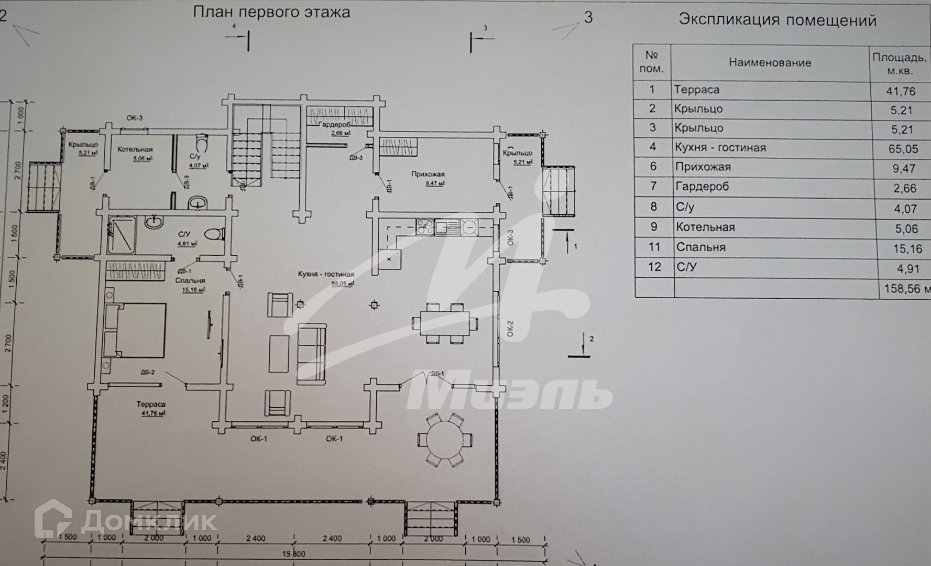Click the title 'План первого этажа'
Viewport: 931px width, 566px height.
[x=271, y=13]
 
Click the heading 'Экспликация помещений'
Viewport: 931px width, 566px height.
[x=777, y=20]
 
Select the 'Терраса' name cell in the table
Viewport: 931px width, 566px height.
[x=696, y=90]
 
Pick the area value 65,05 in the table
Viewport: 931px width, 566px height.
[x=903, y=149]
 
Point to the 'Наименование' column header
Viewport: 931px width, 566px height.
[x=770, y=63]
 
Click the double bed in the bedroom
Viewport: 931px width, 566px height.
[x=136, y=330]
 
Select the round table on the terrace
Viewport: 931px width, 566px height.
[x=444, y=440]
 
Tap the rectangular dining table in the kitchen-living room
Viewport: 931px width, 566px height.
[x=444, y=323]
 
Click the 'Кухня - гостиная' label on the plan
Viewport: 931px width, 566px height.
[x=326, y=274]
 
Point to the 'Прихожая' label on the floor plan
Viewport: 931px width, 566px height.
[x=428, y=175]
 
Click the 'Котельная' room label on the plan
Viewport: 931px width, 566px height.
[x=135, y=149]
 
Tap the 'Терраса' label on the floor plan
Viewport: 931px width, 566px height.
[x=151, y=404]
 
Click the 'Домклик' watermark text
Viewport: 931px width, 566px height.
[x=149, y=521]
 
